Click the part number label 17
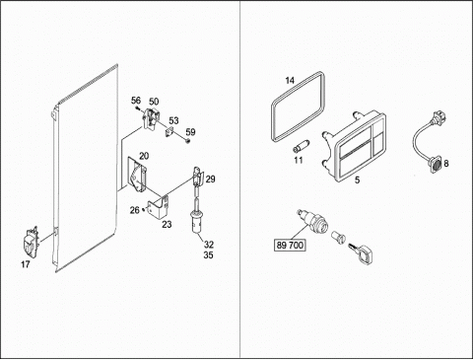click(x=26, y=264)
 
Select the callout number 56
click(x=136, y=101)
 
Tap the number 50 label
click(x=154, y=102)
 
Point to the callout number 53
click(x=173, y=120)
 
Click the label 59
click(x=190, y=132)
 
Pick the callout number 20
click(x=144, y=156)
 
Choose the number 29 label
click(x=211, y=180)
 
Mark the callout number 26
click(x=135, y=210)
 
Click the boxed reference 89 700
click(x=290, y=245)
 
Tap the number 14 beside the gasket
click(x=290, y=80)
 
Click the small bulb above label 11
click(x=301, y=145)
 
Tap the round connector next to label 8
click(x=436, y=164)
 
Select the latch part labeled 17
click(x=31, y=243)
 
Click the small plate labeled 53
click(x=169, y=131)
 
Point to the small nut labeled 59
click(x=187, y=141)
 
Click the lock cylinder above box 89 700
click(x=311, y=222)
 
